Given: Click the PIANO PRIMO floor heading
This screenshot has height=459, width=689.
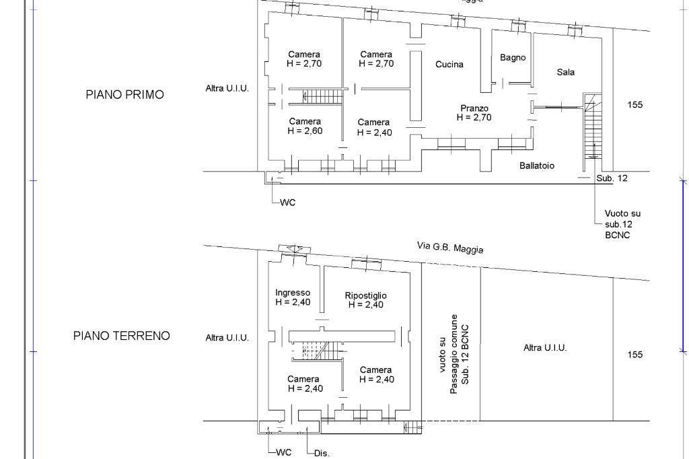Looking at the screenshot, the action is (x=124, y=94).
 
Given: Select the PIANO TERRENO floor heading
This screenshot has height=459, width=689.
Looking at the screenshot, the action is (x=121, y=336).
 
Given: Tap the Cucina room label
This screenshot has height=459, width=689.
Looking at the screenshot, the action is (x=449, y=65).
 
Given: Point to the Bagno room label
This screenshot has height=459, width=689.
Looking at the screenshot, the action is (x=513, y=58).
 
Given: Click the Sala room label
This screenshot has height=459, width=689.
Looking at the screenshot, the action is (x=565, y=72).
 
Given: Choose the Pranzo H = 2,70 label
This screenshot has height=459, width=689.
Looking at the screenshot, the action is (x=474, y=113).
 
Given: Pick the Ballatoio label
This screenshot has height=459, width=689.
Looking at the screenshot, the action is (x=536, y=166).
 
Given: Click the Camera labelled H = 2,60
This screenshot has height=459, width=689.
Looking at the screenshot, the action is (x=305, y=126).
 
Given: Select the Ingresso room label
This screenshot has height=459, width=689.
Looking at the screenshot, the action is (x=293, y=293).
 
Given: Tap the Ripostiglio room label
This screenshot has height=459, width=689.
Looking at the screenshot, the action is (x=365, y=295).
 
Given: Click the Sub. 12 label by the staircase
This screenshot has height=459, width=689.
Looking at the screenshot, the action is (x=612, y=178).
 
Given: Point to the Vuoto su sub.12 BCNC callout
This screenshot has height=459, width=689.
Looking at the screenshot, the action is (x=622, y=224).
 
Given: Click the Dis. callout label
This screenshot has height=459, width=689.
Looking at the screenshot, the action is (x=322, y=454).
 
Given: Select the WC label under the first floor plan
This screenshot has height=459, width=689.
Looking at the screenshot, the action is (x=288, y=203).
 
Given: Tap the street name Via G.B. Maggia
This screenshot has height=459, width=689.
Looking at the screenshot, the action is (x=450, y=248).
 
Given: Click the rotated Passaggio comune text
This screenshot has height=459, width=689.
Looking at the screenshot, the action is (x=454, y=355).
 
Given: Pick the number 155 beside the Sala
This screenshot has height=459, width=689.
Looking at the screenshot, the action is (x=635, y=104).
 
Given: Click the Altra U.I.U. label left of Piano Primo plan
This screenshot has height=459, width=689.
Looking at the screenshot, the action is (x=227, y=88).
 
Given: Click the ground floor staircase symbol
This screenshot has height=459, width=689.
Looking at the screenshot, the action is (x=316, y=351).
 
